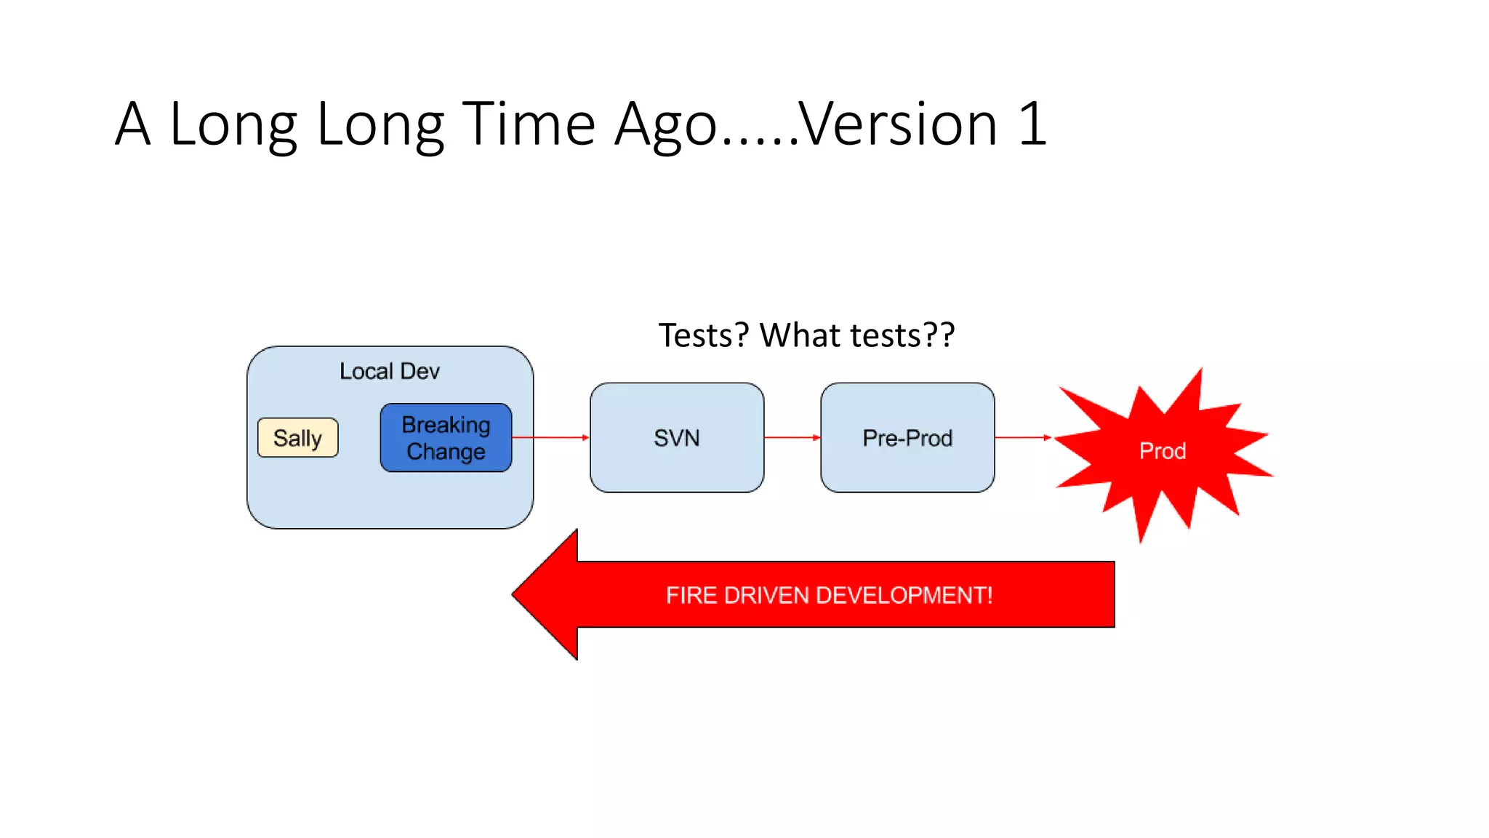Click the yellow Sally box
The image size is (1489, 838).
(x=297, y=438)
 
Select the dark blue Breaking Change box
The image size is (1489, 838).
(x=446, y=437)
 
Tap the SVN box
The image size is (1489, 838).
(x=676, y=438)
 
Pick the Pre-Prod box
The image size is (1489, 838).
(x=907, y=438)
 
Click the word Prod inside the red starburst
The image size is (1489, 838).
(x=1162, y=451)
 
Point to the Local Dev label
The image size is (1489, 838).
(x=390, y=371)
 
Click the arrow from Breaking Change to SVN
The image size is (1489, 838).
(x=550, y=437)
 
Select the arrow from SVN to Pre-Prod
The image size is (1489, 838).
(x=792, y=437)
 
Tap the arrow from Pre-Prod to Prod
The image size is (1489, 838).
(x=1022, y=437)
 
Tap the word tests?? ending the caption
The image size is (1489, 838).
(x=902, y=335)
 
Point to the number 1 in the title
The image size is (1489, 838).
(x=1032, y=124)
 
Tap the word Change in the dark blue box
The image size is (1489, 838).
(x=446, y=452)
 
